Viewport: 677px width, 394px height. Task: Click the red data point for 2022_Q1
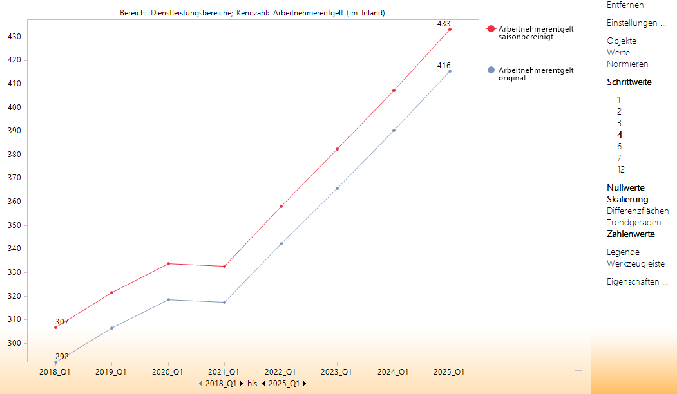281,207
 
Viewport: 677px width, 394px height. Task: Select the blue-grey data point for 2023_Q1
337,189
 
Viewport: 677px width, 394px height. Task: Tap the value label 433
444,24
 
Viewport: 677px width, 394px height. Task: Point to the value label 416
444,66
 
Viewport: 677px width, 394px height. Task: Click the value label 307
62,321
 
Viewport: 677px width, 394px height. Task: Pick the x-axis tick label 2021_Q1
224,372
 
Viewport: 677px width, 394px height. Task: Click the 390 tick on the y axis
15,131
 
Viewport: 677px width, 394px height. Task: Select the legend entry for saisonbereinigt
535,33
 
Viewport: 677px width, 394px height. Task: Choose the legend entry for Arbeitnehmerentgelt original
535,74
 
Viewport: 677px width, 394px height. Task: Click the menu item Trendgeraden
634,223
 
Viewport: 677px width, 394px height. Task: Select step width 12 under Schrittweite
621,170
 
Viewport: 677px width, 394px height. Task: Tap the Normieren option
627,64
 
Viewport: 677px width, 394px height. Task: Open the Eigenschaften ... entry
637,282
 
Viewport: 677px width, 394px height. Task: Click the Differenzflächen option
638,211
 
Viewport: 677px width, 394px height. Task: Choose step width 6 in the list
619,147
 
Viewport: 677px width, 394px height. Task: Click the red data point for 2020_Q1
168,263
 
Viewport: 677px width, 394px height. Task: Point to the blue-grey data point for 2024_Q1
394,131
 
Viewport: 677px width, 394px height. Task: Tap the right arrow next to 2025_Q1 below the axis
304,384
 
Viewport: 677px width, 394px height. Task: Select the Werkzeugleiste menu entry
636,264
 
